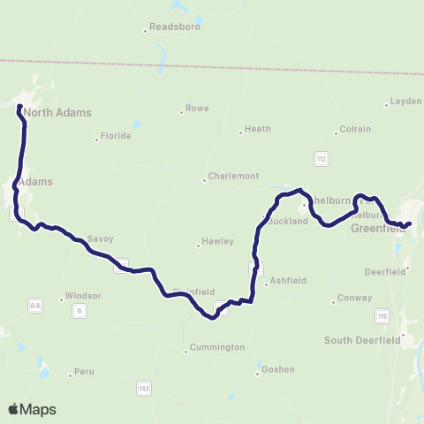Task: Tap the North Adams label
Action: (x=57, y=112)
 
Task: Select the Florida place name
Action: (x=116, y=136)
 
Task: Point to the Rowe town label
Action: (x=198, y=110)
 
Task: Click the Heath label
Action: (x=258, y=129)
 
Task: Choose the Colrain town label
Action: (x=353, y=132)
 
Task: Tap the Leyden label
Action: (x=406, y=102)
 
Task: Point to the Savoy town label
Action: (x=101, y=238)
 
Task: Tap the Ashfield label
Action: (x=288, y=280)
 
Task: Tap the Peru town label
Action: (x=85, y=372)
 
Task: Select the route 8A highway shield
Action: (x=35, y=306)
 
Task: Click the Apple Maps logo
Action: (x=32, y=409)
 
